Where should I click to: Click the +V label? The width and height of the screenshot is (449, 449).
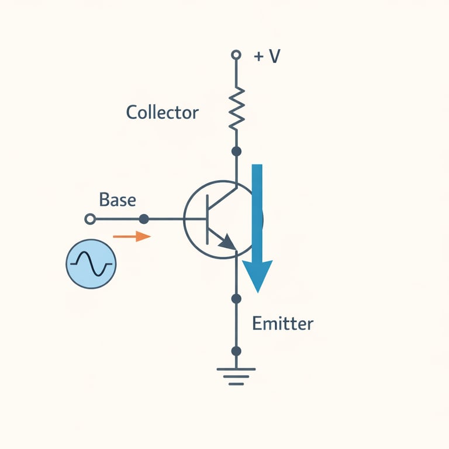point(267,57)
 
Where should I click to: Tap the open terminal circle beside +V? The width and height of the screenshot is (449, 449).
point(236,55)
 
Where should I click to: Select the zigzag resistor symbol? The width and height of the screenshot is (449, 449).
point(236,108)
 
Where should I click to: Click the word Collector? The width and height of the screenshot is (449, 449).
point(162,112)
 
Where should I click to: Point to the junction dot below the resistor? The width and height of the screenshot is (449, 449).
point(236,151)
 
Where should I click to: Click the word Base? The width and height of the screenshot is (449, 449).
point(118,200)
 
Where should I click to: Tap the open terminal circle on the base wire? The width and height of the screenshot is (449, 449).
point(90,219)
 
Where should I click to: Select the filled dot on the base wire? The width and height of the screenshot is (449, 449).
point(144,219)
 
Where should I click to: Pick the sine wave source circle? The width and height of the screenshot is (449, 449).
point(91,264)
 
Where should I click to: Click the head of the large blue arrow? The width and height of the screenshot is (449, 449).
point(257,275)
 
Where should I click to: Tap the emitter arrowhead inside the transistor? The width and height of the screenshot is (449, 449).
point(227,241)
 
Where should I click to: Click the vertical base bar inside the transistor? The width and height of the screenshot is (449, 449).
point(208,219)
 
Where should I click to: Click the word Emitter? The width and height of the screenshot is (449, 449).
point(282,323)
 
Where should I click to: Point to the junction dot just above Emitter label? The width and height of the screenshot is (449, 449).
point(236,299)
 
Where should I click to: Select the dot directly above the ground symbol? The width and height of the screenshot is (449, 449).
point(236,351)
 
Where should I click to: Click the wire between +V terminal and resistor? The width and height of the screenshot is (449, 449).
point(236,73)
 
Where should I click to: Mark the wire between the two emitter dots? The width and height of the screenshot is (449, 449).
point(236,325)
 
